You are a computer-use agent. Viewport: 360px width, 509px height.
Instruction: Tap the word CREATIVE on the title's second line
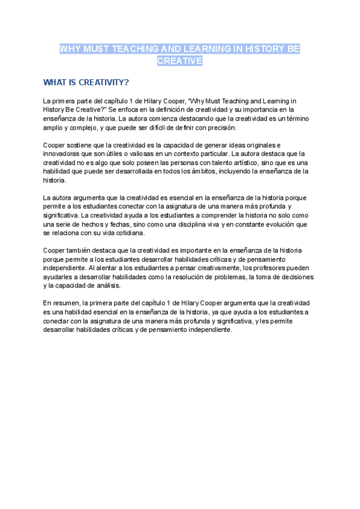(x=180, y=61)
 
